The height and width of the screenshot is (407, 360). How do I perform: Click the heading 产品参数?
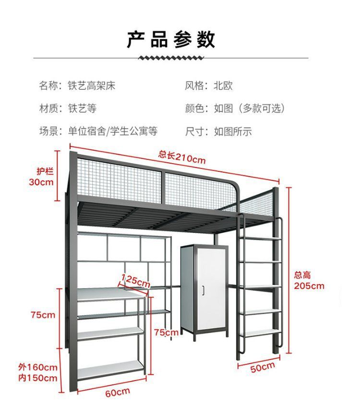coord(170,39)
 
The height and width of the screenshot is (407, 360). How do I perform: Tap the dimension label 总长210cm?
coord(182,156)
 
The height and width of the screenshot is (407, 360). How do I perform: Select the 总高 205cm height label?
coord(309,281)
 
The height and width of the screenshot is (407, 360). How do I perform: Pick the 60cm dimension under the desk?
coord(118,393)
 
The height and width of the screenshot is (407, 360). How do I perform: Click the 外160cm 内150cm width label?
coord(38,372)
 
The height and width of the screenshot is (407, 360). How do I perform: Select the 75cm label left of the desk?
coord(43,315)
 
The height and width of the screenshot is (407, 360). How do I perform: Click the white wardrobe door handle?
coord(204,290)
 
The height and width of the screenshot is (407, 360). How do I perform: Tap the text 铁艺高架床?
coord(91,86)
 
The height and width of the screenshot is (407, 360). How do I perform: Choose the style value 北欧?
coord(223,86)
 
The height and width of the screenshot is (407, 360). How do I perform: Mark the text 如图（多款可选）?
coord(249,108)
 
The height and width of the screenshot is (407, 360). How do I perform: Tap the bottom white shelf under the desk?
coord(110,370)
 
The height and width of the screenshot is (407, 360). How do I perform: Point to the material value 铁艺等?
coord(82,108)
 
